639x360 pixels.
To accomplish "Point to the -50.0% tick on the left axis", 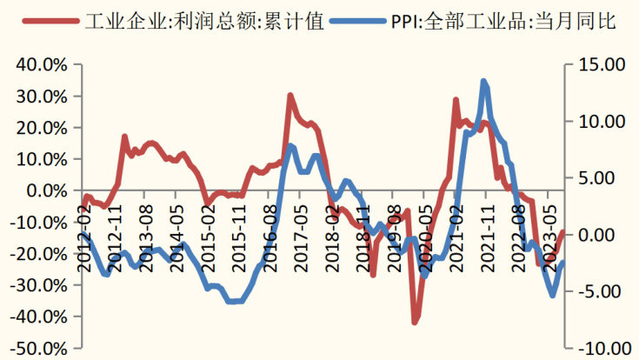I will [37, 349].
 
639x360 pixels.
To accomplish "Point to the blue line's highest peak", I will [483, 81].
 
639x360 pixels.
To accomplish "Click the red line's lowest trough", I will [415, 323].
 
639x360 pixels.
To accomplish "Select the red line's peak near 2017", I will [290, 95].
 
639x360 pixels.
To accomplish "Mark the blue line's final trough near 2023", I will [552, 296].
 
